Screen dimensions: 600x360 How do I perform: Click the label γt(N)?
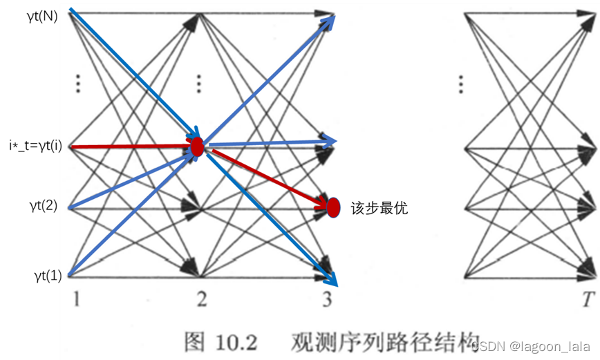(42, 17)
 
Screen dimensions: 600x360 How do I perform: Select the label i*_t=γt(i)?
(35, 146)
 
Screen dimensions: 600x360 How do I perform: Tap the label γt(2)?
(44, 206)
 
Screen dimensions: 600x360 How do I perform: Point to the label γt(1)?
(48, 276)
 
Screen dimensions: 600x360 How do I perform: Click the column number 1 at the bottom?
(77, 299)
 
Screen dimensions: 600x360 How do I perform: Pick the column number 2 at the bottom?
(202, 299)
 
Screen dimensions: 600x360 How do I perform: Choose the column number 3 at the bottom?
(327, 299)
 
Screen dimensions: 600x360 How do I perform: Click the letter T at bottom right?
(588, 299)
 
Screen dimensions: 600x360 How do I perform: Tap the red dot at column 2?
(197, 146)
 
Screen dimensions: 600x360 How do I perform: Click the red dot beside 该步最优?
(333, 208)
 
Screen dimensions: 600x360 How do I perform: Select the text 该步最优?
(379, 208)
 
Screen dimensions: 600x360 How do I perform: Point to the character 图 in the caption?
(195, 341)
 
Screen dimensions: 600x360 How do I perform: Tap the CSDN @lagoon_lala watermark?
(531, 346)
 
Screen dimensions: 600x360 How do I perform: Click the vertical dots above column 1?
(78, 84)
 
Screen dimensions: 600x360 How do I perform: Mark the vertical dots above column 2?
(198, 84)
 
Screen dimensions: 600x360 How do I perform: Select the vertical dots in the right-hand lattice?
(461, 84)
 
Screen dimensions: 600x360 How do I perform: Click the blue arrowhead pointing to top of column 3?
(328, 21)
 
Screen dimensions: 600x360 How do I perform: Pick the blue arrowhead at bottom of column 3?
(330, 278)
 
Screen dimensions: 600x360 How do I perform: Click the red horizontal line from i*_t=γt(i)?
(131, 146)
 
